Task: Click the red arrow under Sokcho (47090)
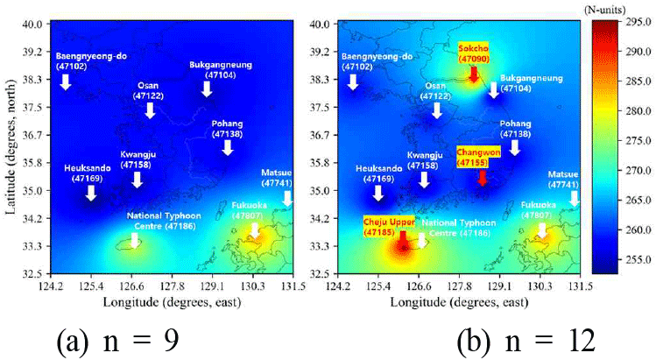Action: tap(473, 75)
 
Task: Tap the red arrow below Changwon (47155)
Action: tap(482, 178)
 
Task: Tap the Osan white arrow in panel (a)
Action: tap(150, 109)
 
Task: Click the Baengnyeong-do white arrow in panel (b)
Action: tap(353, 81)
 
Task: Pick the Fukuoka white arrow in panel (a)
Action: tap(255, 231)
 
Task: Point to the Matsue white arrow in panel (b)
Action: tap(574, 200)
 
